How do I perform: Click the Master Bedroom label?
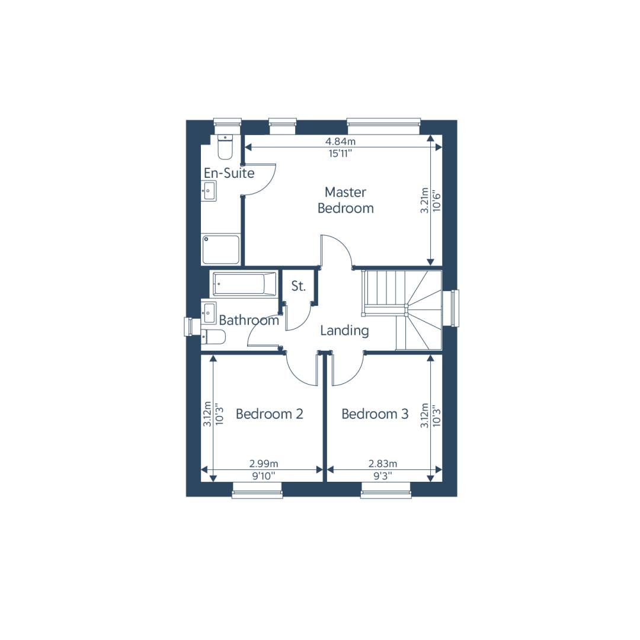point(345,200)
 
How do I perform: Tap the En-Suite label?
point(229,173)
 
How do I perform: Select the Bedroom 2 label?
point(270,414)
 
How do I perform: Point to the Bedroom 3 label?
point(375,414)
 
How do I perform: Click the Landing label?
point(344,331)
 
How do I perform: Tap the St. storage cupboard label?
point(298,286)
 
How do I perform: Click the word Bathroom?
point(249,320)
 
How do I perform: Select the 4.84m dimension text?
point(340,141)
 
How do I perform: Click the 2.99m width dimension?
point(264,463)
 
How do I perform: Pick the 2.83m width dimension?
point(383,463)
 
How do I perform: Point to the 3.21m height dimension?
point(424,200)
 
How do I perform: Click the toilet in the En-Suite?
point(225,147)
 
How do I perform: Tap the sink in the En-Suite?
point(209,191)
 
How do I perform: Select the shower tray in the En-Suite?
point(221,249)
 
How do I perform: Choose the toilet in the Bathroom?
point(213,337)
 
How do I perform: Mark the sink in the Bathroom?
point(209,313)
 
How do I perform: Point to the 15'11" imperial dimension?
point(340,153)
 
